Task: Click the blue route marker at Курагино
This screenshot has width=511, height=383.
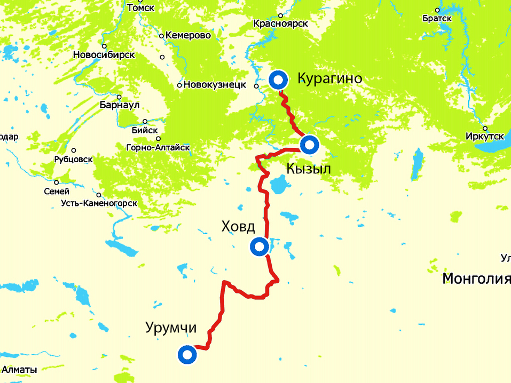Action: pos(278,80)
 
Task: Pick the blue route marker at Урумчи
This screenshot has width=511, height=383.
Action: pos(186,354)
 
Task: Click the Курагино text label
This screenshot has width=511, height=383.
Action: pos(329,79)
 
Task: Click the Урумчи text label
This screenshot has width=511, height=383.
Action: pos(171,328)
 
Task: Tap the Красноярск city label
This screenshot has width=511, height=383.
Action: pos(281,23)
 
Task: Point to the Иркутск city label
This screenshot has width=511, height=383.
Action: pos(484,137)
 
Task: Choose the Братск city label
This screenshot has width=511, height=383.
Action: pos(437,18)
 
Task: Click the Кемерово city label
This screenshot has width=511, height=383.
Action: pos(188,36)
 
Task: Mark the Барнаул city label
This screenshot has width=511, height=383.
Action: pos(118,105)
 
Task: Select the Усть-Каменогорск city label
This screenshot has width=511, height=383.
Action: pos(99,203)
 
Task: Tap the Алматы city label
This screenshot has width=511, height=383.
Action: pos(19,370)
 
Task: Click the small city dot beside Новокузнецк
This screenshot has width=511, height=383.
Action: pos(180,85)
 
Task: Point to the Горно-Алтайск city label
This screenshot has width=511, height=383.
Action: pos(158,147)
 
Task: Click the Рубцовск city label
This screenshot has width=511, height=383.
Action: pos(74,159)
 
